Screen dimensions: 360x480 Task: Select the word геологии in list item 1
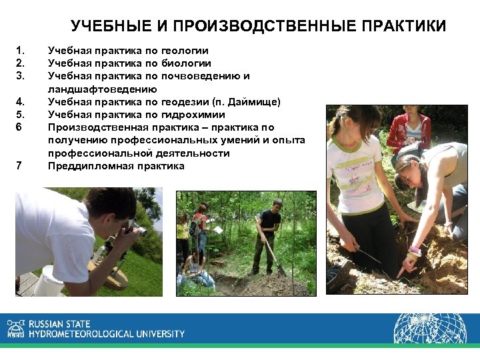point(185,51)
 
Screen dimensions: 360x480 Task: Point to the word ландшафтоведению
point(102,89)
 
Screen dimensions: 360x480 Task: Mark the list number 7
point(20,166)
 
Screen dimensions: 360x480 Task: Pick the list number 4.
point(20,102)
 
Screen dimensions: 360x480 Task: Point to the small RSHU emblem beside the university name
point(15,328)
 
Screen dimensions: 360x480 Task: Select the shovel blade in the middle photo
point(282,269)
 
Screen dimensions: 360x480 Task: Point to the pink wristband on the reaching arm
point(415,249)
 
